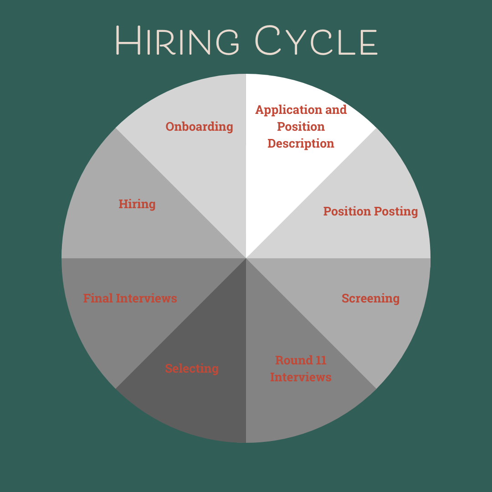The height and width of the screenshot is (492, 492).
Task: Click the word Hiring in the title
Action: tap(178, 41)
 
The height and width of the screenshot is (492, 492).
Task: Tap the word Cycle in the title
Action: tap(316, 41)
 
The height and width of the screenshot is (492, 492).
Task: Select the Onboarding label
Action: tap(199, 127)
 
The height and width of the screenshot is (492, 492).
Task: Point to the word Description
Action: tap(301, 143)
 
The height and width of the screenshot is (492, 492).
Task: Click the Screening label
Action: tap(370, 298)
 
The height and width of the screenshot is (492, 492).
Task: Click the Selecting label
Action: tap(192, 369)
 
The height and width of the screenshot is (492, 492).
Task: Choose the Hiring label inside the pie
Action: tap(137, 204)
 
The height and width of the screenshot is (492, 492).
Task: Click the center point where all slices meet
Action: tap(246, 258)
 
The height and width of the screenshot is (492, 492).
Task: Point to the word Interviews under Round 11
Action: tap(301, 378)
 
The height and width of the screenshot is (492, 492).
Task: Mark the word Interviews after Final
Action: tap(146, 298)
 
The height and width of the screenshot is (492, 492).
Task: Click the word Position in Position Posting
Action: tap(346, 211)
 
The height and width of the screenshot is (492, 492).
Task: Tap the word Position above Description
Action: tap(301, 127)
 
